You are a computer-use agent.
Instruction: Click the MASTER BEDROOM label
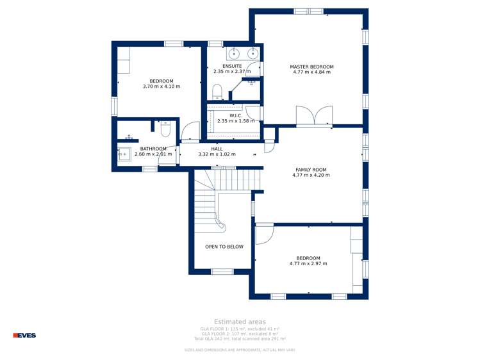pos(311,67)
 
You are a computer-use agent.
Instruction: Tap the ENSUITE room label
pos(232,66)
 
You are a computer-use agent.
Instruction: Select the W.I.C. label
pos(235,115)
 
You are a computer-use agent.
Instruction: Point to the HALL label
pos(217,149)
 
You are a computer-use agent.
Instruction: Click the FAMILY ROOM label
pos(311,170)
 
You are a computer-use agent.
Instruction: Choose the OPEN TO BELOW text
pos(224,247)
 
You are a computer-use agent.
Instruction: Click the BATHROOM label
pos(153,149)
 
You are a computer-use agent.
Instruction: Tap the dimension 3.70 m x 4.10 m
pos(161,86)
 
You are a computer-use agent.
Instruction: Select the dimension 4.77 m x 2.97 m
pos(308,264)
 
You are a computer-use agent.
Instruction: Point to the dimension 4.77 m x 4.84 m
pos(311,72)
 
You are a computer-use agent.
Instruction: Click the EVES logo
pos(24,335)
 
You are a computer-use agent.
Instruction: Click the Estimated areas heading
pos(240,322)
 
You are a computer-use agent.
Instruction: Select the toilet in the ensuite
pos(217,91)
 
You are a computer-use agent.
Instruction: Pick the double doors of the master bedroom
pos(314,117)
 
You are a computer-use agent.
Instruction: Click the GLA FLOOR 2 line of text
pos(240,334)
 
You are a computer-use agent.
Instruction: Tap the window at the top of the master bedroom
pos(308,11)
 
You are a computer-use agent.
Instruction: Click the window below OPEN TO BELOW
pos(222,272)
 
